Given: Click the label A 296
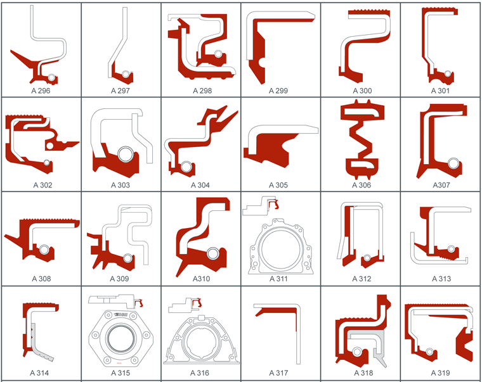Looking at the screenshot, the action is (41, 91).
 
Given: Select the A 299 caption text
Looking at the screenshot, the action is (278, 91).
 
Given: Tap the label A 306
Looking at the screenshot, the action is (361, 185).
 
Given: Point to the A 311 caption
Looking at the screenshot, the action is (278, 279).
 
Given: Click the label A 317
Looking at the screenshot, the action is (278, 372).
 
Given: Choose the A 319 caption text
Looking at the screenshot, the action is (441, 372).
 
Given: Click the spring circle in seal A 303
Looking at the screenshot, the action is (126, 154).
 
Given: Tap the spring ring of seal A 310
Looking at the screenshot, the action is (212, 253).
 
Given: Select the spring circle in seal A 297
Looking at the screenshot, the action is (126, 74).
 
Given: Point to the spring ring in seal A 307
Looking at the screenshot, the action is (453, 163).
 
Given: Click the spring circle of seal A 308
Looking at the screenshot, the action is (44, 250).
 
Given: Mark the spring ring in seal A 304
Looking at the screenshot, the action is (186, 167).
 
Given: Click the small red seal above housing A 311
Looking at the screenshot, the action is (273, 204).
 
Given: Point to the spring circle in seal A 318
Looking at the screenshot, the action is (357, 352).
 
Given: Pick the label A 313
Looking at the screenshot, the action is (441, 279).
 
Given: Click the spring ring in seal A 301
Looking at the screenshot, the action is (448, 74).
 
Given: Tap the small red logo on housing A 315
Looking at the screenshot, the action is (120, 363).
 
